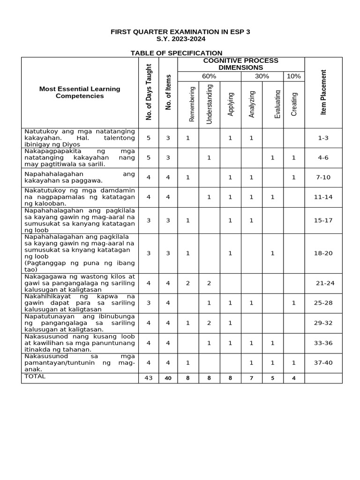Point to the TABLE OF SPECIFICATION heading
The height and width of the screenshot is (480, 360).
[176, 53]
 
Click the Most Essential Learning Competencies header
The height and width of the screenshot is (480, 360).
[80, 92]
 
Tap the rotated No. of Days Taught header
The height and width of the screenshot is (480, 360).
[149, 92]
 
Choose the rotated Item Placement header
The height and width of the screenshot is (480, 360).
[323, 92]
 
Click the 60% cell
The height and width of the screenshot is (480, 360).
[209, 76]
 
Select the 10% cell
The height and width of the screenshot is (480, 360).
[294, 76]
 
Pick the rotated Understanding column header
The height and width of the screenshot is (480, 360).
[210, 104]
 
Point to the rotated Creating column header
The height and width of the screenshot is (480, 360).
[294, 104]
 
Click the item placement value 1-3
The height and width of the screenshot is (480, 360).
[323, 138]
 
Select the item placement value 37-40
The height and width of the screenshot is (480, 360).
[323, 363]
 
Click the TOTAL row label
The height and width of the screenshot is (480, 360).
[36, 376]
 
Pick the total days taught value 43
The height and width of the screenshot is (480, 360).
[149, 378]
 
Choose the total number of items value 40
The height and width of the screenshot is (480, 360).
[168, 378]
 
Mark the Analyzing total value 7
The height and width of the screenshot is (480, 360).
[251, 378]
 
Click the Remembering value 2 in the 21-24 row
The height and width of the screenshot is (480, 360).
[188, 283]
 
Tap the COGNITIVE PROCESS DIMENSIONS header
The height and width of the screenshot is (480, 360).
[240, 64]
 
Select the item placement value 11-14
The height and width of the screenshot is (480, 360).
[323, 197]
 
